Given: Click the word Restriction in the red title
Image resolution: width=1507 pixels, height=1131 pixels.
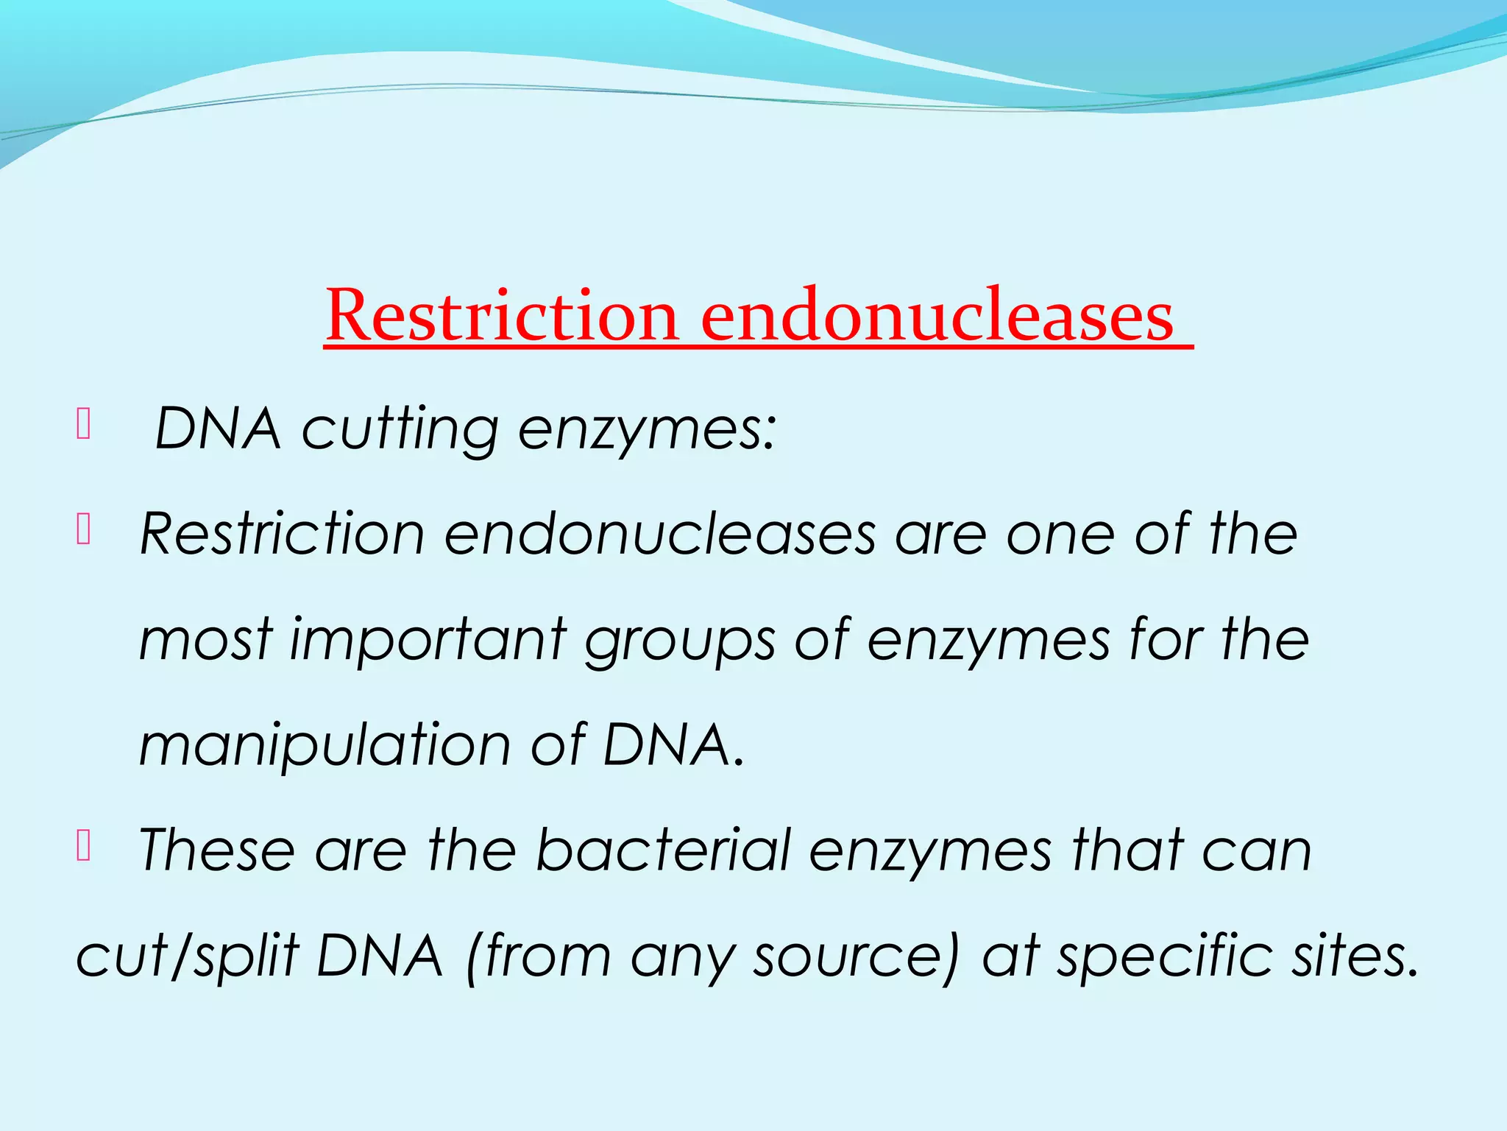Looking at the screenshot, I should (x=501, y=317).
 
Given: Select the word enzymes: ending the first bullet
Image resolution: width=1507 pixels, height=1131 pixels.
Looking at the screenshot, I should (x=647, y=431).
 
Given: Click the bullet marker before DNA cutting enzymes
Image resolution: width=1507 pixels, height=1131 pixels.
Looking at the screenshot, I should (x=83, y=425).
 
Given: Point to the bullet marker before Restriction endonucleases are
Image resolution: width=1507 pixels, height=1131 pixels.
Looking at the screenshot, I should (x=83, y=530).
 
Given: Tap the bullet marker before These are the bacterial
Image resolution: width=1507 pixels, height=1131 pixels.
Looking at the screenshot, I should (x=83, y=847).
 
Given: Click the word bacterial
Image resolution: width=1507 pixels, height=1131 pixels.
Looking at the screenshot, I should (x=662, y=850).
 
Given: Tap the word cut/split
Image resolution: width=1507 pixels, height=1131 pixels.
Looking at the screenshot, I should (x=187, y=957).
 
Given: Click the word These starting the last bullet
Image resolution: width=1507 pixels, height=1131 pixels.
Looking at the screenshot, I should (x=216, y=850).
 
